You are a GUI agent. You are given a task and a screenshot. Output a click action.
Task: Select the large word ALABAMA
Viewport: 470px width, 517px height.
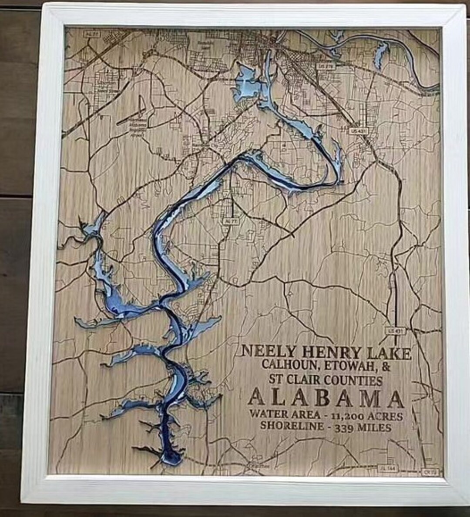326,397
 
